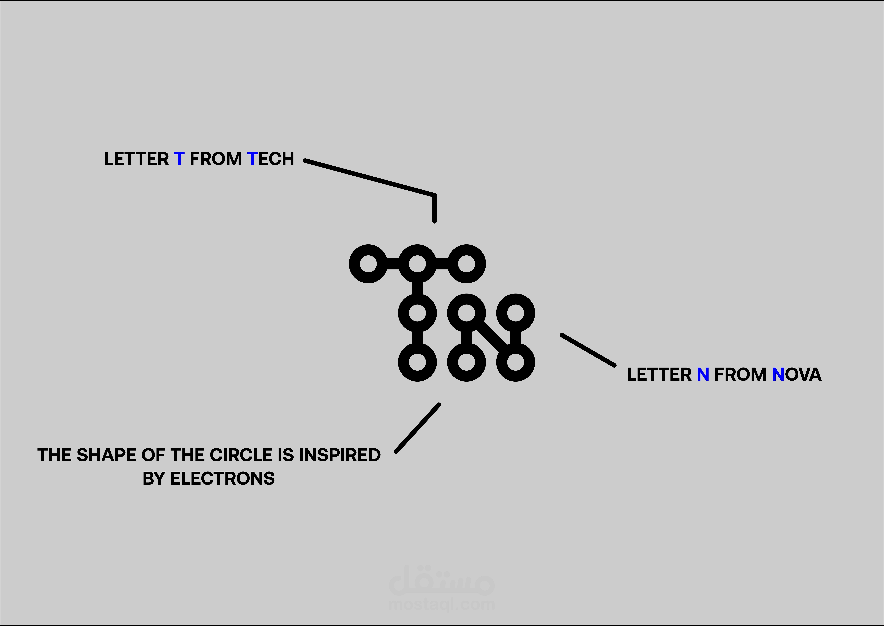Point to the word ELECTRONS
coord(223,479)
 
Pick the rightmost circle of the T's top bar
coord(467,264)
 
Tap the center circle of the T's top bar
coord(417,264)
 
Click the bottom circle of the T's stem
coord(417,362)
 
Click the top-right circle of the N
coord(516,313)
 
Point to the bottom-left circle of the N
coord(467,362)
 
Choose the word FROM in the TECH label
coord(216,159)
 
